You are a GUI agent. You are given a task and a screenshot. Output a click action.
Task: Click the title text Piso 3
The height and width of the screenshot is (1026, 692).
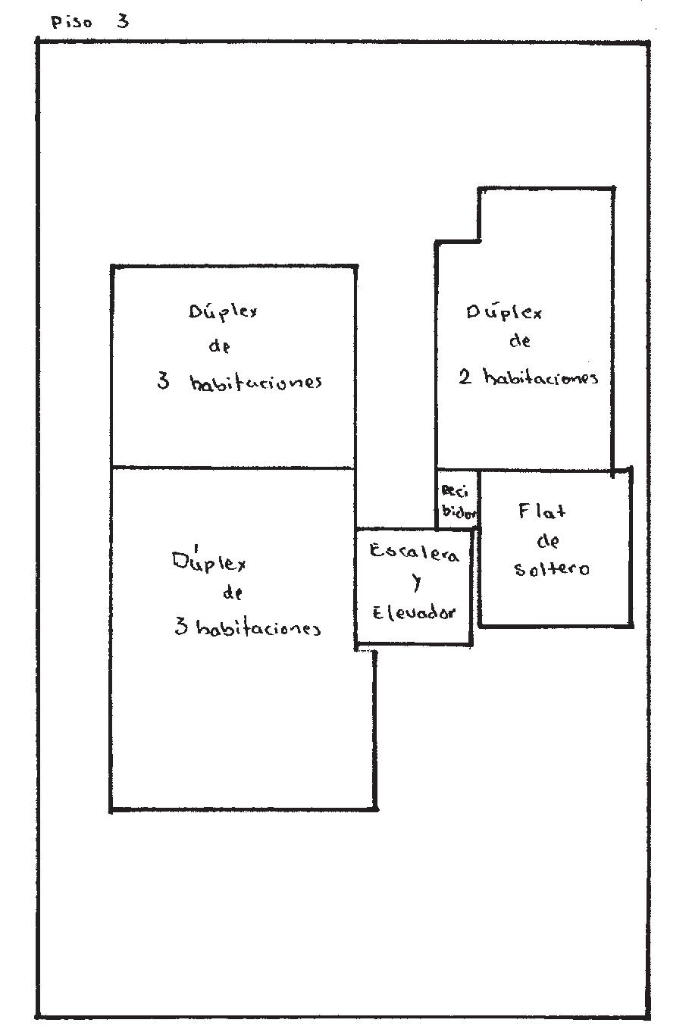tap(89, 21)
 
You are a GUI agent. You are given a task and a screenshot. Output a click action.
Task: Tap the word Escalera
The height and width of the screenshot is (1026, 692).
tap(414, 553)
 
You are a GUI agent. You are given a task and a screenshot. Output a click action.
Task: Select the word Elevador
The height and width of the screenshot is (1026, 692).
tap(414, 612)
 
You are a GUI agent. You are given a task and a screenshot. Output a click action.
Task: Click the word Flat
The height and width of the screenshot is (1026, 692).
tap(541, 511)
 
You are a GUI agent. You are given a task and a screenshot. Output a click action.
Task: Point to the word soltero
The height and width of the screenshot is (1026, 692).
tap(551, 568)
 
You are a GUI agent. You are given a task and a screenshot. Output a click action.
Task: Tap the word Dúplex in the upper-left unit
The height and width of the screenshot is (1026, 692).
tap(222, 312)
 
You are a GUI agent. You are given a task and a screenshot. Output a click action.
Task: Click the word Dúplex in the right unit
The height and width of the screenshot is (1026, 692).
tap(504, 312)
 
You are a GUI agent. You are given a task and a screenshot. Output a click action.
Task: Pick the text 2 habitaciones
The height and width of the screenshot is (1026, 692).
tap(528, 377)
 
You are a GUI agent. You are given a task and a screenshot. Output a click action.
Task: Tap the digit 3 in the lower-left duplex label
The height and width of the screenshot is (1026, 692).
tap(181, 627)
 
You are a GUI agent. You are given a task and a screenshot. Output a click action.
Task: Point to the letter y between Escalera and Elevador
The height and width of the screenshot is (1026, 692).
tap(416, 583)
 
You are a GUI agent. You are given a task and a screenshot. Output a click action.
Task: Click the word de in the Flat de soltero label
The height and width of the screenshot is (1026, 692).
tap(548, 541)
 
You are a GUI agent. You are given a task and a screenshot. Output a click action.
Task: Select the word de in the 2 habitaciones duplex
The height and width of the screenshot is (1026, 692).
tap(519, 341)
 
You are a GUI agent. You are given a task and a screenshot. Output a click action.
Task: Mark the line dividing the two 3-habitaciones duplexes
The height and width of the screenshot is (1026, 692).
tap(233, 468)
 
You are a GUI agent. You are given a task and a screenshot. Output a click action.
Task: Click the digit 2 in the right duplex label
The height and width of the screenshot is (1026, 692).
tap(465, 377)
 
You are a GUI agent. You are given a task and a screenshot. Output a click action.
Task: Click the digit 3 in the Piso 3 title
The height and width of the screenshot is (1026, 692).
tap(122, 21)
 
